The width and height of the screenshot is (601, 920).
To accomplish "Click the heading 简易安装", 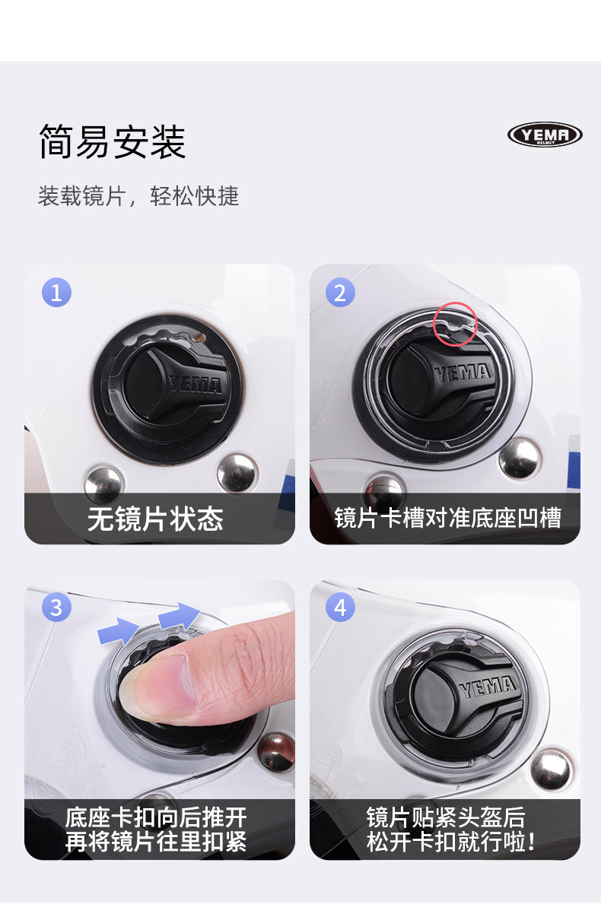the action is (x=113, y=141).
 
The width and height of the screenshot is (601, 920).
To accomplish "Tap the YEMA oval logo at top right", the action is (x=545, y=135).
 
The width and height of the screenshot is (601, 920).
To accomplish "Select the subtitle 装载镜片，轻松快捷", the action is (x=138, y=196).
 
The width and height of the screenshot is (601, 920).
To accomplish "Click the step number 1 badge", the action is (x=56, y=293).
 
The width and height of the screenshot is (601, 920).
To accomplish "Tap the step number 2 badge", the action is (x=340, y=293).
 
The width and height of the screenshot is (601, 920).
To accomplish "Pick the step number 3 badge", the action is (x=56, y=608).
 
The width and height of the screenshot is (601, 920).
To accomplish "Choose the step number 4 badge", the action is (x=340, y=608).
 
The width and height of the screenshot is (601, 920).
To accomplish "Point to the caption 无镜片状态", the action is (x=155, y=519).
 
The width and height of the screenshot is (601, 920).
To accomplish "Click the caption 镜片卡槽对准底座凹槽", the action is (x=447, y=518).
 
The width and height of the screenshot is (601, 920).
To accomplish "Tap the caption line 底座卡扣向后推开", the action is (x=156, y=817).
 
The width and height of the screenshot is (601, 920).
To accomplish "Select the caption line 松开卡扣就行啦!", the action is (x=451, y=841).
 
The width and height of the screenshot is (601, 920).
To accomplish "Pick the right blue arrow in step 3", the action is (x=180, y=615).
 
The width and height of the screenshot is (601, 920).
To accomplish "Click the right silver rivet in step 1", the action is (x=237, y=473).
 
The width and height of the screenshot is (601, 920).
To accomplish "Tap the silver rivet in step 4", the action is (x=551, y=769).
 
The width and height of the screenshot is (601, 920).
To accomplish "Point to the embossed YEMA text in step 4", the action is (x=488, y=686).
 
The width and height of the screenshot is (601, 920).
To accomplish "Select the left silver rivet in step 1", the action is (x=103, y=484).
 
